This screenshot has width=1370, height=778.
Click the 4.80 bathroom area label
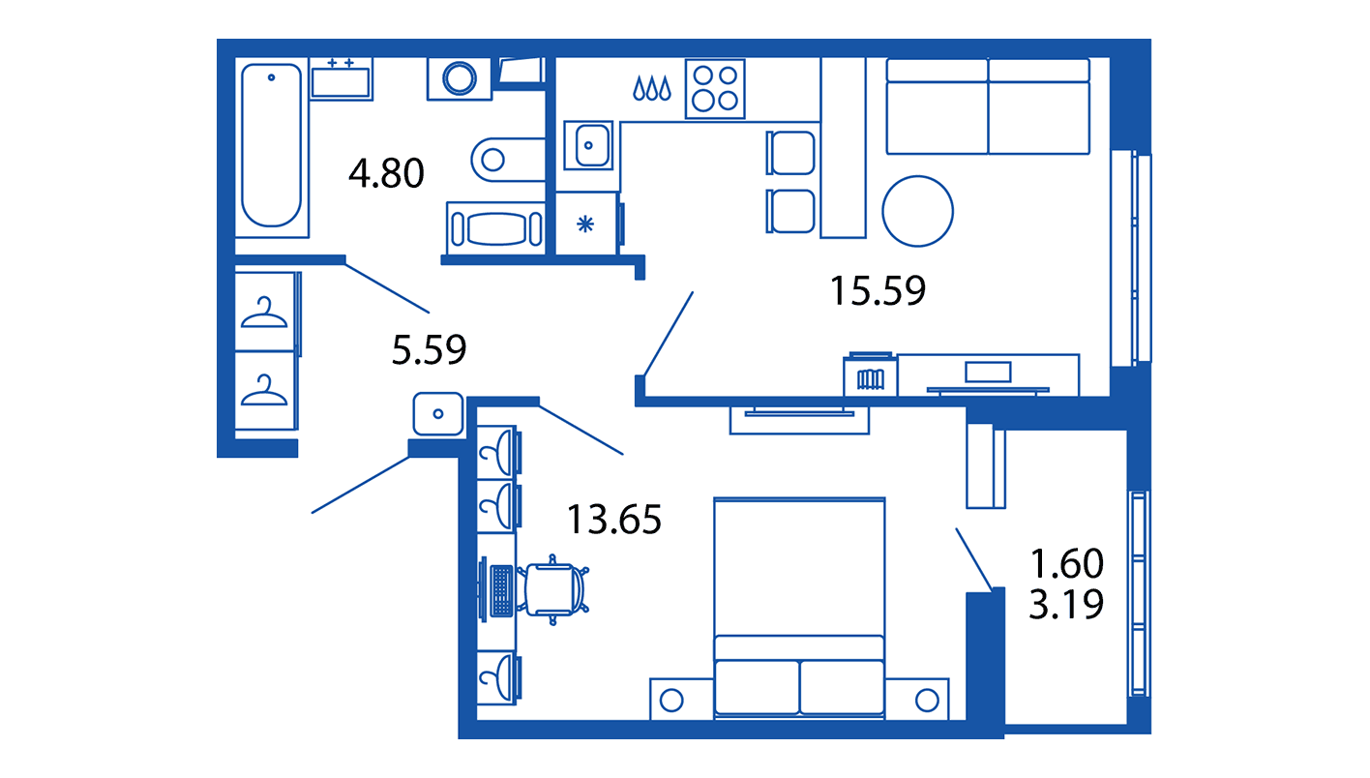tap(386, 173)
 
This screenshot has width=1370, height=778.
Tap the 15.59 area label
tap(878, 290)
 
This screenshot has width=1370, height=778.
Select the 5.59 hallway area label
tap(429, 350)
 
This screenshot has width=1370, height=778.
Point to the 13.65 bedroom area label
tap(614, 520)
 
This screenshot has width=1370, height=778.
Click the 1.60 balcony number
tap(1067, 563)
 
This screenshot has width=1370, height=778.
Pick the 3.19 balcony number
tap(1066, 604)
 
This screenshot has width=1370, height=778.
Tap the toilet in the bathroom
tap(508, 160)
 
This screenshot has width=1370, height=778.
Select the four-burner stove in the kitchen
tap(715, 89)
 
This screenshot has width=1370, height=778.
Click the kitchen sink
tap(588, 145)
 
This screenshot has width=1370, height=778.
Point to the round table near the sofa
tap(917, 211)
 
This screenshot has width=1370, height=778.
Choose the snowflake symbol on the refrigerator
tap(585, 224)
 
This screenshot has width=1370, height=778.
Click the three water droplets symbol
tap(652, 88)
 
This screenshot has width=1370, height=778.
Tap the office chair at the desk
tap(553, 590)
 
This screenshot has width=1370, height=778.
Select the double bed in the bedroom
tap(799, 608)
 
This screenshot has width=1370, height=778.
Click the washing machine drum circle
tap(460, 78)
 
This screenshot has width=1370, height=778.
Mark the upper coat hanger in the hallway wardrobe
tap(264, 313)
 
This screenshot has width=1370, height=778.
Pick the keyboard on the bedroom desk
tap(501, 591)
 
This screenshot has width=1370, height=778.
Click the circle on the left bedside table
tap(671, 701)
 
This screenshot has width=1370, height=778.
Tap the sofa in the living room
tap(988, 106)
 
